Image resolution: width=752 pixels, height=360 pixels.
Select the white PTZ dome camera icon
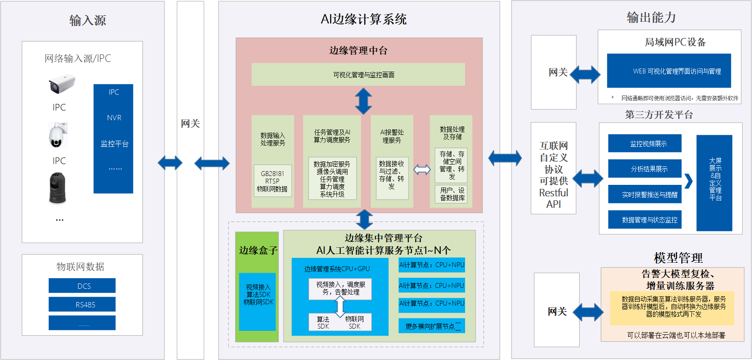point(57,135)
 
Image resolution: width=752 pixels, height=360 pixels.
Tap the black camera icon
point(57,188)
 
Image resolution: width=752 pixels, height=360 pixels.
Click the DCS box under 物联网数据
point(82,286)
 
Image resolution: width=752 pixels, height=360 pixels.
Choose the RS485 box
point(82,304)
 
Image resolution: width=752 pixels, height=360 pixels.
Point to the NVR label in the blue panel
point(114,118)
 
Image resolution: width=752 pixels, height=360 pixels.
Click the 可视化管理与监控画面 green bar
point(358,74)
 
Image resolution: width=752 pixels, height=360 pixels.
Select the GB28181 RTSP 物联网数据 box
point(272,181)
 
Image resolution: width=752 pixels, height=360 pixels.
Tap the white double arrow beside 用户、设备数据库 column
point(422,169)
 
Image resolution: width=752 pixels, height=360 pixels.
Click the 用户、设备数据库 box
point(452,194)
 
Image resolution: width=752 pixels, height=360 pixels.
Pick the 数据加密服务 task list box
point(332,179)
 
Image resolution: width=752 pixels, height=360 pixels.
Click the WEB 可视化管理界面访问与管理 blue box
point(668,71)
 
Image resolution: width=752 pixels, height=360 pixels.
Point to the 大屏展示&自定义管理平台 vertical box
point(714,183)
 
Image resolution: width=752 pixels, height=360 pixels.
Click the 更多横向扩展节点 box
point(431,326)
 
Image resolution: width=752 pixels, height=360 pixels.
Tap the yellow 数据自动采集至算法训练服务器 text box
point(672,307)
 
